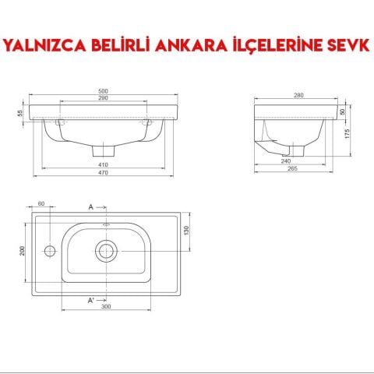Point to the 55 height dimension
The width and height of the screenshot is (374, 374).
pos(20,113)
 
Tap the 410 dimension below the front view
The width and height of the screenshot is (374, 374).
pos(104,165)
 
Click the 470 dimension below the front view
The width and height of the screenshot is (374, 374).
pos(104,174)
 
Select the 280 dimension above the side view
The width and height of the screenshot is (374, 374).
pos(298,94)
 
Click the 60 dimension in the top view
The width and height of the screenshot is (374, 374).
pos(41,204)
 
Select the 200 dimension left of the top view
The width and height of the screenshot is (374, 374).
pos(23,250)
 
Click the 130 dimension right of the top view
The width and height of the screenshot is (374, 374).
pos(187,230)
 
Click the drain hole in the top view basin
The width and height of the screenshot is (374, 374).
pos(106,250)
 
